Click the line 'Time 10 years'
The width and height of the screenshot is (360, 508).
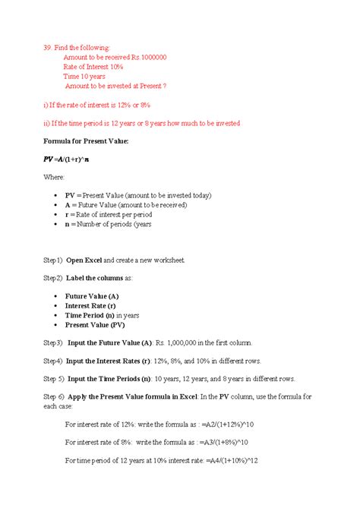point(84,77)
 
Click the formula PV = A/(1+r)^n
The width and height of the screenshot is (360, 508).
point(67,159)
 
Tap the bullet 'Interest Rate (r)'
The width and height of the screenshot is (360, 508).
point(95,305)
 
